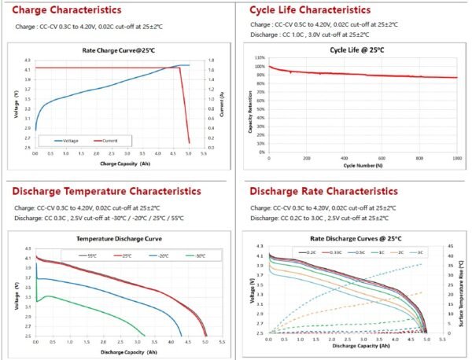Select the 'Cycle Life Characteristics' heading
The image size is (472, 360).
coord(309,11)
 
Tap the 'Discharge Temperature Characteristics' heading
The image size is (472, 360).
coord(106,191)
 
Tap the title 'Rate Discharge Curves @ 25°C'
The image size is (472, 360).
coord(345,238)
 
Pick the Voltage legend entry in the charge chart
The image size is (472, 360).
coord(68,141)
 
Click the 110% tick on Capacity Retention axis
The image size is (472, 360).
coord(259,58)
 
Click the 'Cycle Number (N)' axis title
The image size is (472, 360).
coord(362,166)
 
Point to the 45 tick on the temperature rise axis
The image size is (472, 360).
coord(446,246)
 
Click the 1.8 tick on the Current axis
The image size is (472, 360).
coord(210,61)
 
